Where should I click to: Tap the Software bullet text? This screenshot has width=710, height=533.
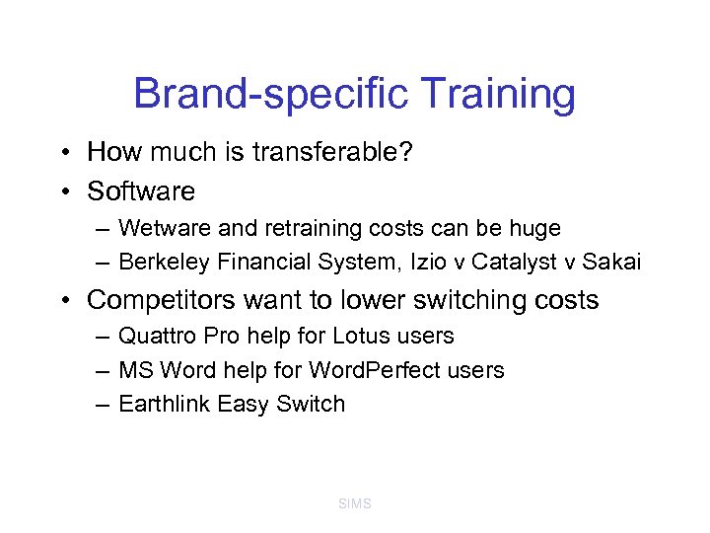[x=141, y=190]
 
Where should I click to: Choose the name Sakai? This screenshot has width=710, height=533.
[x=611, y=262]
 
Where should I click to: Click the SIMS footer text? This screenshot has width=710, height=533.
[x=354, y=504]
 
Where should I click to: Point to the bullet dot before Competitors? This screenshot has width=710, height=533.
[x=63, y=300]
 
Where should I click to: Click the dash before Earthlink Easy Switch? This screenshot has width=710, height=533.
[x=103, y=404]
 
